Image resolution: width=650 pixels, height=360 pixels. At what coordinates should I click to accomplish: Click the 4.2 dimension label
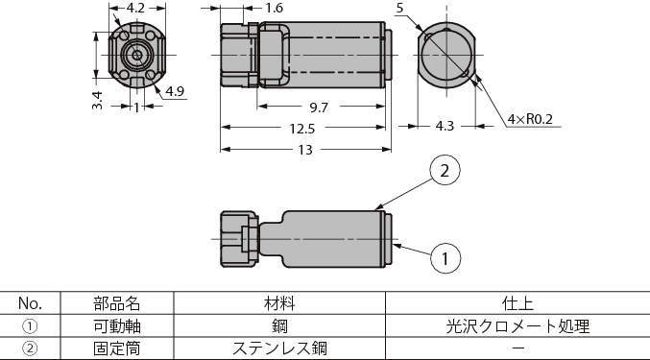(x=135, y=8)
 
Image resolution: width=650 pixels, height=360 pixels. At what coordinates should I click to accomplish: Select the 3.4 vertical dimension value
(x=97, y=100)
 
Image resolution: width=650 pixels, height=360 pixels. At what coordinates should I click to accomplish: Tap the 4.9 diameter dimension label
(x=175, y=91)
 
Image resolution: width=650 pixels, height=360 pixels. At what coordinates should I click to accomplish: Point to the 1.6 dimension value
(x=274, y=8)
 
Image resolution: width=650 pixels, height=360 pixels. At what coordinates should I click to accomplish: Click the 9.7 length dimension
(x=319, y=108)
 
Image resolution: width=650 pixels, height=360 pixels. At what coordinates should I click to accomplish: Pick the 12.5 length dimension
(x=302, y=129)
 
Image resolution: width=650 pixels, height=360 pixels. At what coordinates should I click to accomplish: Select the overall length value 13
(x=305, y=150)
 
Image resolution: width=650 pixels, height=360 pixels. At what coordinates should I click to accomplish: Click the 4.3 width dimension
(x=445, y=126)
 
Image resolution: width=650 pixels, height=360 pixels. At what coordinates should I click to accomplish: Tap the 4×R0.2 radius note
(x=530, y=119)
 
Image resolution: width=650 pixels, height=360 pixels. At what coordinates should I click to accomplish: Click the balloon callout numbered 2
(x=445, y=171)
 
